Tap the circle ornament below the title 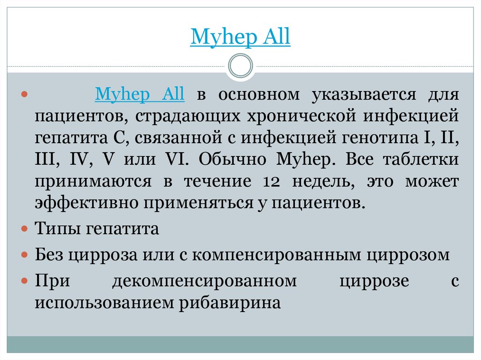240,66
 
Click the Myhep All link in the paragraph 140,94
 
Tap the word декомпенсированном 204,281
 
